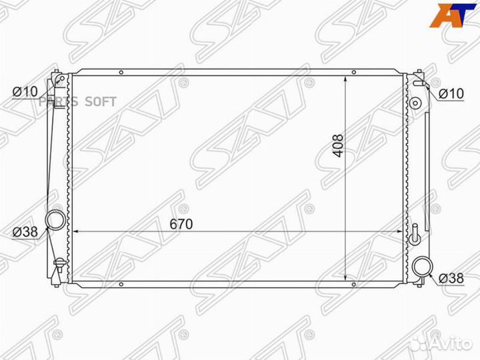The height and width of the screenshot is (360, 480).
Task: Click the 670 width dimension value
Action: [180, 225]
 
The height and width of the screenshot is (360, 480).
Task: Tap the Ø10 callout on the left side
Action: [25, 91]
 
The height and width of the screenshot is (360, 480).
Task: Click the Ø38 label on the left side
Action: [25, 232]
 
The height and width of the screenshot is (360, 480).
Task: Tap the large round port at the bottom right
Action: [422, 267]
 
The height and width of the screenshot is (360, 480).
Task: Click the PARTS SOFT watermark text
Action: [77, 101]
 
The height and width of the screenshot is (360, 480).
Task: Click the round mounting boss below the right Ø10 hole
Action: [415, 104]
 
